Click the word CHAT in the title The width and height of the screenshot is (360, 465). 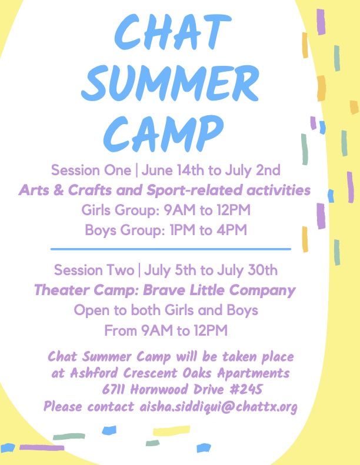pos(173,32)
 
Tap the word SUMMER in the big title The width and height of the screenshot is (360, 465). pos(170,83)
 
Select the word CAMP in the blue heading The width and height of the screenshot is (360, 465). pos(163,133)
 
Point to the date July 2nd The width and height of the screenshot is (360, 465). pos(252,170)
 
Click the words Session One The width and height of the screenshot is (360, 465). pos(91,170)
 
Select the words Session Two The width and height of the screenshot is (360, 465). pos(94,270)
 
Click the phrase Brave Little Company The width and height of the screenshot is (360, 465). pos(219,290)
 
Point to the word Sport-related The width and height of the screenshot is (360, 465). pos(195,190)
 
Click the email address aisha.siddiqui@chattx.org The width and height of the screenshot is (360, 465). pos(218,406)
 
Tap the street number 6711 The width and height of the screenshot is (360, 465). pos(113,389)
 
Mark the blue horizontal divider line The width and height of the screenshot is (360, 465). pos(171,249)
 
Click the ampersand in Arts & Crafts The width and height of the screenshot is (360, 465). pos(58,190)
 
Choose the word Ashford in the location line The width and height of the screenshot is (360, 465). pos(94,373)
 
